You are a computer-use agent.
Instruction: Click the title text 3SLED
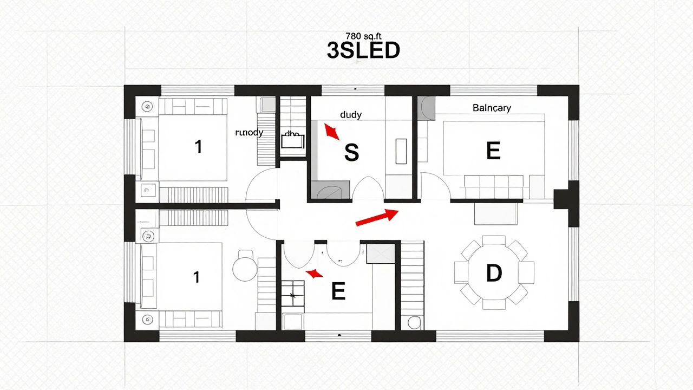(x=363, y=50)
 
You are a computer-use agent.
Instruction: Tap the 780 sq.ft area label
(x=363, y=36)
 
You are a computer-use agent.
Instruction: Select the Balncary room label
(x=491, y=108)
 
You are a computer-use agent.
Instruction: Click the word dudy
(x=350, y=115)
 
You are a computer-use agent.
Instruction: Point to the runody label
(x=249, y=133)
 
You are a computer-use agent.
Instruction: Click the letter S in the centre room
(x=351, y=153)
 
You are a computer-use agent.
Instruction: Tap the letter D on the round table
(x=494, y=274)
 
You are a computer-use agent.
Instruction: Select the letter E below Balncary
(x=493, y=151)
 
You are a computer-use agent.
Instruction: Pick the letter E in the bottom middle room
(x=338, y=292)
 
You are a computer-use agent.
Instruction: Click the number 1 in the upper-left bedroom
(x=198, y=146)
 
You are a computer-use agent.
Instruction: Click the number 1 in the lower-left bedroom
(x=196, y=277)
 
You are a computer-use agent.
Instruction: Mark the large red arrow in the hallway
(x=377, y=217)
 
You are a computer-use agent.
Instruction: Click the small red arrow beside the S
(x=331, y=132)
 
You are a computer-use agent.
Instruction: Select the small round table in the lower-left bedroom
(x=245, y=269)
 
